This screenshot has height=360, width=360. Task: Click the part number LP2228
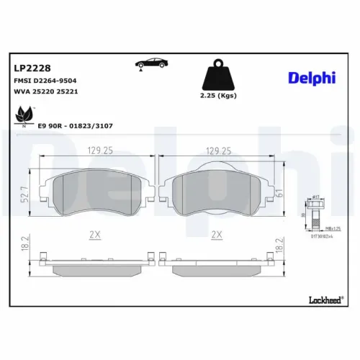[x=30, y=68]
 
